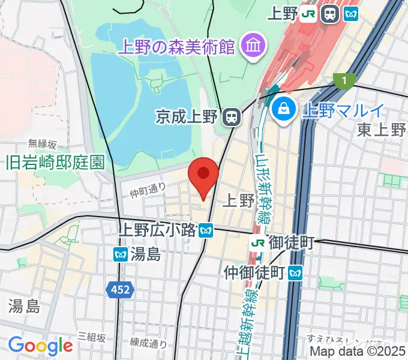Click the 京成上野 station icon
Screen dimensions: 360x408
click(230, 116)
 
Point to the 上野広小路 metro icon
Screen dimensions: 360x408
click(206, 229)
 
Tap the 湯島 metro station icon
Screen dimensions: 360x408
click(119, 254)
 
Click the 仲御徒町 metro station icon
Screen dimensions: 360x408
click(294, 272)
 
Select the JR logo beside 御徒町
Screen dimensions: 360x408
click(258, 243)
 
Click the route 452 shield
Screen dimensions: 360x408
click(121, 290)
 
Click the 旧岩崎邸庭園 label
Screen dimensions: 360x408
click(55, 161)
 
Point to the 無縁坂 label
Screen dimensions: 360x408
click(43, 144)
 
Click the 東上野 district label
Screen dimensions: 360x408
click(382, 129)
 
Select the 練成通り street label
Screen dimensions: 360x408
click(148, 343)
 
